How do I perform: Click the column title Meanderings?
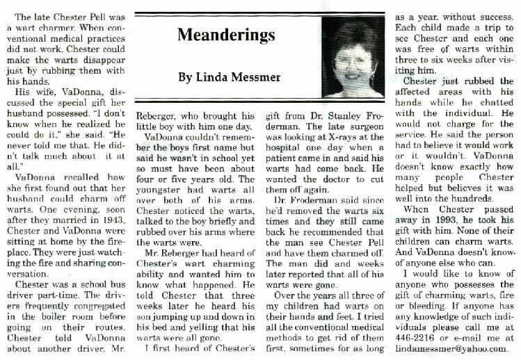223,33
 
